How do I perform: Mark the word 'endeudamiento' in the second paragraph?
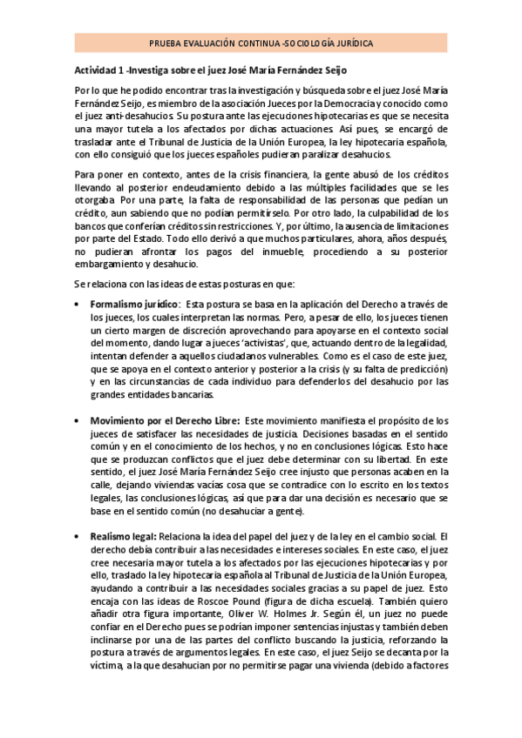tap(215, 187)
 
